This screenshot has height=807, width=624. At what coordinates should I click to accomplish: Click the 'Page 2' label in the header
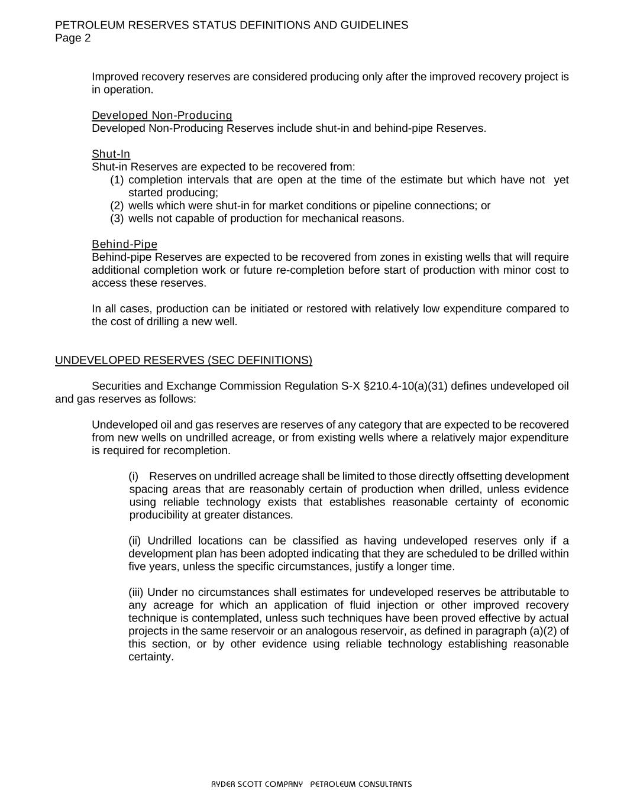coord(73,38)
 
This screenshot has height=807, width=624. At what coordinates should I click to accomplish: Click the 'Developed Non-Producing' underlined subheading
coord(162,115)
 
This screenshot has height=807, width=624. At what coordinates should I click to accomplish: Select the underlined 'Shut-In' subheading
coord(111,154)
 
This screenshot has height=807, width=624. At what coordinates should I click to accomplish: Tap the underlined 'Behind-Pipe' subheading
coord(124,244)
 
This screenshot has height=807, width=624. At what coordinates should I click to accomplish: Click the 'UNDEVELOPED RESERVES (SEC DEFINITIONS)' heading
coord(183,360)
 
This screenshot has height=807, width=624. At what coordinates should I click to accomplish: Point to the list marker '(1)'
coord(117,180)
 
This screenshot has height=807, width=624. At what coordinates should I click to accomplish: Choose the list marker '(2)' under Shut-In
coord(117,206)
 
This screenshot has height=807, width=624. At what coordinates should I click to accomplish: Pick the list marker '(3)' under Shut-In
coord(117,219)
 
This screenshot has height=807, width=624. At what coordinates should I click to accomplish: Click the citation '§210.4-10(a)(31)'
coord(405,386)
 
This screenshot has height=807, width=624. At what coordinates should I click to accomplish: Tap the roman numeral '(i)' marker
coord(134,477)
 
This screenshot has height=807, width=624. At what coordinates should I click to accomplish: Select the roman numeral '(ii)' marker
coord(135,541)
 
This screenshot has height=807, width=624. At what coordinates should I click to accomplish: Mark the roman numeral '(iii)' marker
coord(136,592)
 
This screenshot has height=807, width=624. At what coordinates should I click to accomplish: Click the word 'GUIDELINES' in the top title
coord(374,25)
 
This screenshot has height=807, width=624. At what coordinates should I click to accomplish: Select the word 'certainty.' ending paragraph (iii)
coord(151,657)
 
